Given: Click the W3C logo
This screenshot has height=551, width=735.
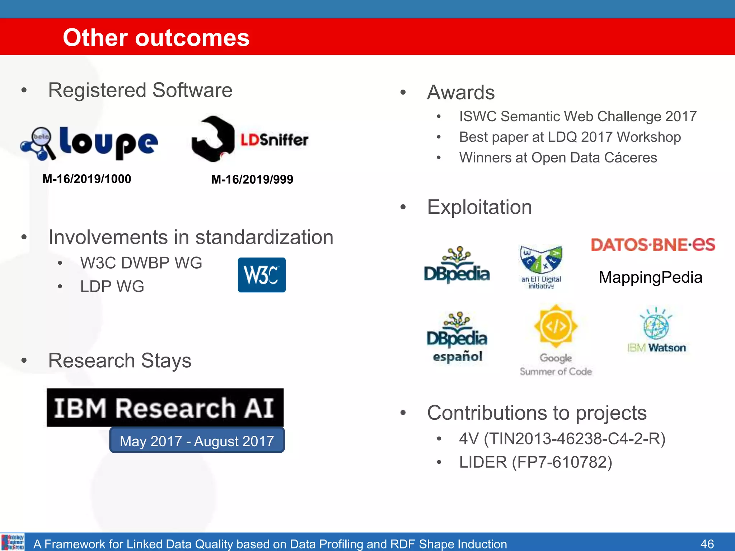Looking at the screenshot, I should (262, 275).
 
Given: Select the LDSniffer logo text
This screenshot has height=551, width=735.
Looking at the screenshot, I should (274, 140).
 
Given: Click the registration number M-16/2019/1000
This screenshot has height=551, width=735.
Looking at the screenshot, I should (87, 179).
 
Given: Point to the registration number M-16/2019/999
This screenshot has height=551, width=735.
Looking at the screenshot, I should (252, 179).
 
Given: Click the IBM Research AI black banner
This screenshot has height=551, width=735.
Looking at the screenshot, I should (165, 408).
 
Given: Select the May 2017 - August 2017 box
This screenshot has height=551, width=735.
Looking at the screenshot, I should (197, 441).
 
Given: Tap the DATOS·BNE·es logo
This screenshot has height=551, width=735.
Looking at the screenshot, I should (653, 245).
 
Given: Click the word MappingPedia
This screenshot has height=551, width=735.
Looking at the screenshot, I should (650, 277).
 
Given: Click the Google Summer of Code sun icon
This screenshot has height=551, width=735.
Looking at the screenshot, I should (556, 326).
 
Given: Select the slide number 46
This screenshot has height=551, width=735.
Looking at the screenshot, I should (707, 543).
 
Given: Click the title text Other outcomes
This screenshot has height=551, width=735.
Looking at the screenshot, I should (156, 38).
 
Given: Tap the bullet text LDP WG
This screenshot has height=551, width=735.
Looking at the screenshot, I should (112, 286).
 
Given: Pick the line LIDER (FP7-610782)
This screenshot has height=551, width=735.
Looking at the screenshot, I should (535, 462).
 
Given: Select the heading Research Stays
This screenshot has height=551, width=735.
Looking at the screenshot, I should (120, 361).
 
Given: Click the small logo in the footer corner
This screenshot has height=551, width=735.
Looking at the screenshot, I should (13, 542).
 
